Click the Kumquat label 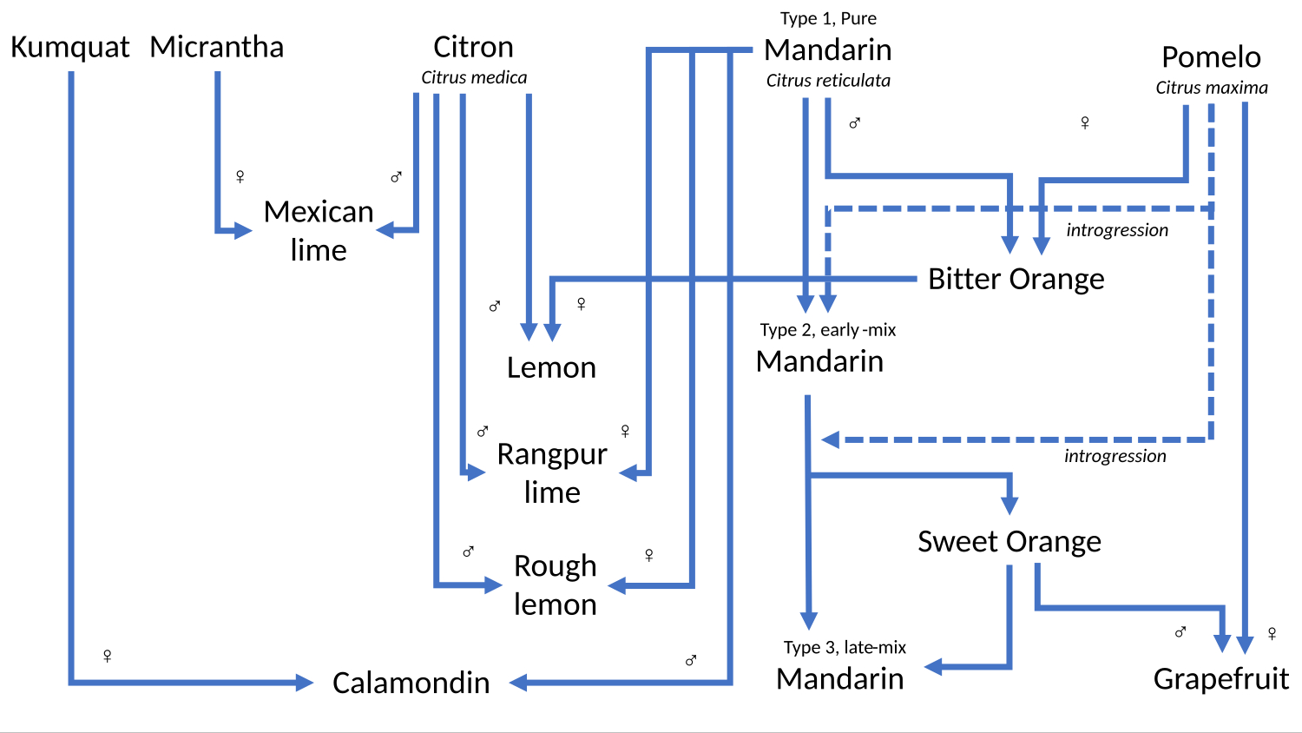coord(69,47)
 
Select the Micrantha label coord(217,47)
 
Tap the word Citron coord(473,47)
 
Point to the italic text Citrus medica coord(474,78)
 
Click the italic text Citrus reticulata coord(828,81)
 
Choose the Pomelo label coord(1211,57)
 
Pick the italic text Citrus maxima coord(1211,88)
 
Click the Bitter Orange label coord(1016,279)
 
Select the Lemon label coord(551,367)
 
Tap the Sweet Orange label coord(1009,541)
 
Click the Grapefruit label coord(1220,678)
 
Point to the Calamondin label coord(411,683)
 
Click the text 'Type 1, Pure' coord(828,19)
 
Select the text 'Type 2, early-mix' coord(827,330)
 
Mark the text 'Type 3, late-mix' coord(844,648)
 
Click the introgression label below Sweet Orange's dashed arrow coord(1115,457)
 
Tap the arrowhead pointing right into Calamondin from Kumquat coord(305,683)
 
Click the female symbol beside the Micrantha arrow coord(240,177)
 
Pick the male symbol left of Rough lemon coord(468,551)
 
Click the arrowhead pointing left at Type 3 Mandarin coord(933,667)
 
